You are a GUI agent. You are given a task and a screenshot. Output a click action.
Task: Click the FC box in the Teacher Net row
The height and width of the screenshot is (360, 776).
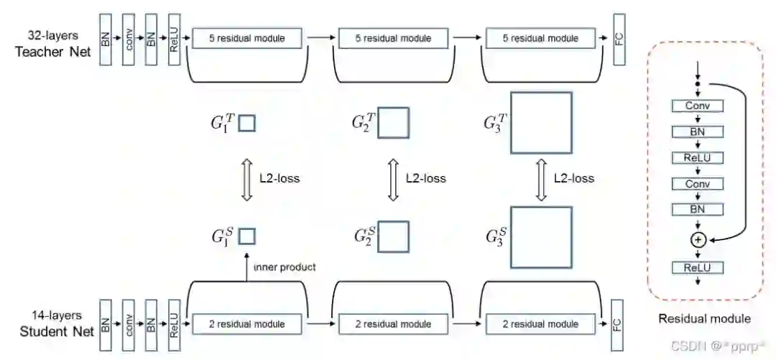pyautogui.click(x=619, y=39)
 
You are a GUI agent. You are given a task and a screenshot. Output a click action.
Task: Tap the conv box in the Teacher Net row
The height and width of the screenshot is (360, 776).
pyautogui.click(x=129, y=39)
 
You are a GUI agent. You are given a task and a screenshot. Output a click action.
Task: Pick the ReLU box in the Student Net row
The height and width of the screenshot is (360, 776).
pyautogui.click(x=174, y=323)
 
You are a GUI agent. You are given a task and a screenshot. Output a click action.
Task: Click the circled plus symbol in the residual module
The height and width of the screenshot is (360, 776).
pyautogui.click(x=697, y=240)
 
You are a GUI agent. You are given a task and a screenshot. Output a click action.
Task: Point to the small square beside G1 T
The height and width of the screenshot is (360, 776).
pyautogui.click(x=247, y=124)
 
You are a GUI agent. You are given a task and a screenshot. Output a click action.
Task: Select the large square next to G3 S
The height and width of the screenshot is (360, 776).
pyautogui.click(x=540, y=238)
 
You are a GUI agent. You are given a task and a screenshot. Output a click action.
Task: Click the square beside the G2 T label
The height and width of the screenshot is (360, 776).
pyautogui.click(x=393, y=123)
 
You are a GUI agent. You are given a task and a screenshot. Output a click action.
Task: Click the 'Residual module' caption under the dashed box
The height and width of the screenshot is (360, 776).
pyautogui.click(x=705, y=318)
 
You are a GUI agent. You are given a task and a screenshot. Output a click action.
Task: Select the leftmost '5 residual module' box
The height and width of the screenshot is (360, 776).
pyautogui.click(x=246, y=38)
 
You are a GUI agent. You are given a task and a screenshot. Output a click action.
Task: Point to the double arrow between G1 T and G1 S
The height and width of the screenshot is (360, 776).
pyautogui.click(x=246, y=178)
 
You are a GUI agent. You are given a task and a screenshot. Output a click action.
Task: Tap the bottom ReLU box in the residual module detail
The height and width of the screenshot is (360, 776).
pyautogui.click(x=697, y=268)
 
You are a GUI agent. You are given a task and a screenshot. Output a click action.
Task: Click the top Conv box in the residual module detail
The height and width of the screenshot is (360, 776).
pyautogui.click(x=697, y=106)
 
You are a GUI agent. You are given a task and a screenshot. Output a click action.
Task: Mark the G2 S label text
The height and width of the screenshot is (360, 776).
pyautogui.click(x=364, y=236)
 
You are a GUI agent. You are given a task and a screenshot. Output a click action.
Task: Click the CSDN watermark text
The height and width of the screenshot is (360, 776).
pyautogui.click(x=719, y=346)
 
